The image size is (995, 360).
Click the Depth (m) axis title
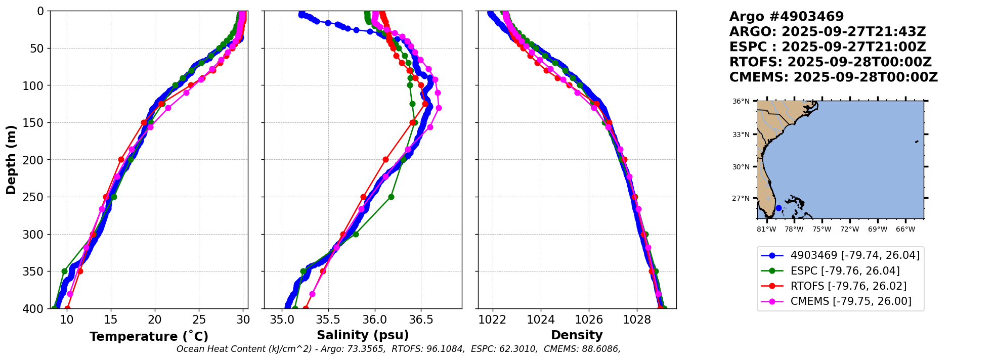coord(11,159)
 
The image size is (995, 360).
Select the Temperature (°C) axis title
coord(149,337)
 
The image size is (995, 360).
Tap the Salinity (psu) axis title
coord(363,335)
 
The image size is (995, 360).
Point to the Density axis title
coord(577,335)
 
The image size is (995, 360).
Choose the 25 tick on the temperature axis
coord(199,320)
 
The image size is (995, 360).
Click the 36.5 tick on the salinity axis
coord(421,320)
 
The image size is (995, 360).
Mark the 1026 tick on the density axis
coord(589,320)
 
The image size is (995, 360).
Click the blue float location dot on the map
coord(778,208)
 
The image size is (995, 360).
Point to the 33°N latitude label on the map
coord(741,134)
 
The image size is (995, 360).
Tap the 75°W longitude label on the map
coord(821,230)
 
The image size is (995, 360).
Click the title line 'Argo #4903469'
coord(786,17)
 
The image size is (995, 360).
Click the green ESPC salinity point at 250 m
coord(391,197)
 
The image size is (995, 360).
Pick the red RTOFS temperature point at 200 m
coord(121,159)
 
